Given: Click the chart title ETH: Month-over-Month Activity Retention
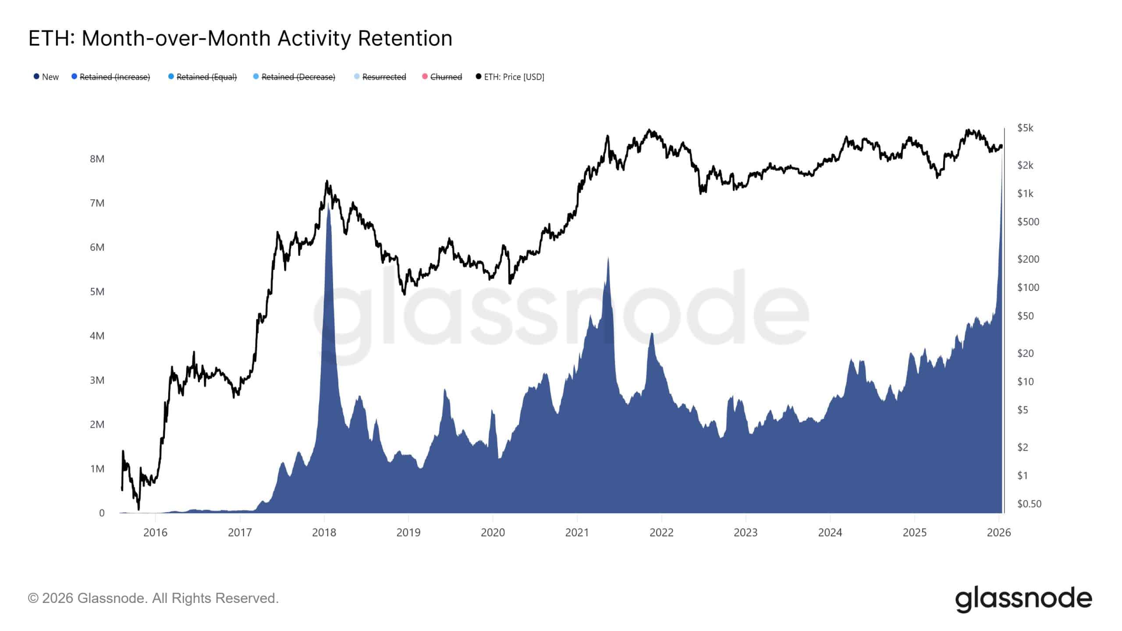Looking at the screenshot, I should tap(240, 39).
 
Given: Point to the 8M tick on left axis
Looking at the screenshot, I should tap(97, 159).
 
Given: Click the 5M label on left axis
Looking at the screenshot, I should tap(97, 292).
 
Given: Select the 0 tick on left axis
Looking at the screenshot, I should tap(102, 513).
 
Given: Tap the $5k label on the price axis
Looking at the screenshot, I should tap(1025, 128).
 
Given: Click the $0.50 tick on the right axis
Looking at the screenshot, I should tap(1029, 504).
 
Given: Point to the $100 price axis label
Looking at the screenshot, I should tap(1028, 287).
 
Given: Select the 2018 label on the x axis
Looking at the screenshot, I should tap(324, 533).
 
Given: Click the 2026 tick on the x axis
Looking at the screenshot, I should tap(998, 533).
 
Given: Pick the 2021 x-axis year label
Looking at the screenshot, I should tap(577, 533).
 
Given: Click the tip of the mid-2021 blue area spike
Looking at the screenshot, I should tap(608, 258).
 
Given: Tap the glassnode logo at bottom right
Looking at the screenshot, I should tap(1023, 599).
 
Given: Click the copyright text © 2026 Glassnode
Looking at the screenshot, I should tap(153, 599).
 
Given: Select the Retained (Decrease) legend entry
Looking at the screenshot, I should tap(298, 77).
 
